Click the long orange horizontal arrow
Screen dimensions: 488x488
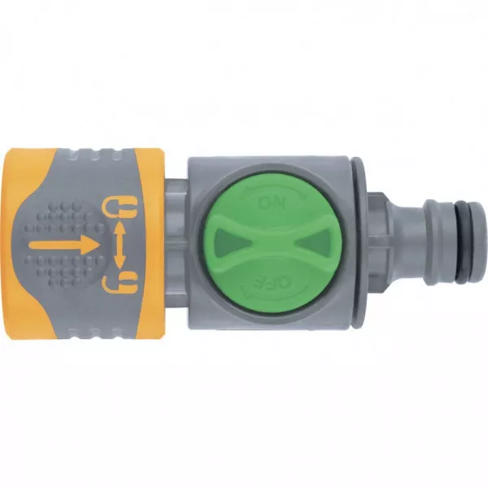[x=64, y=244]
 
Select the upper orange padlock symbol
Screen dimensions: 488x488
[x=120, y=207]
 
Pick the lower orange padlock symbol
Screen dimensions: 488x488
[x=120, y=282]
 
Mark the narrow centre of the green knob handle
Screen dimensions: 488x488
[x=272, y=242]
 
